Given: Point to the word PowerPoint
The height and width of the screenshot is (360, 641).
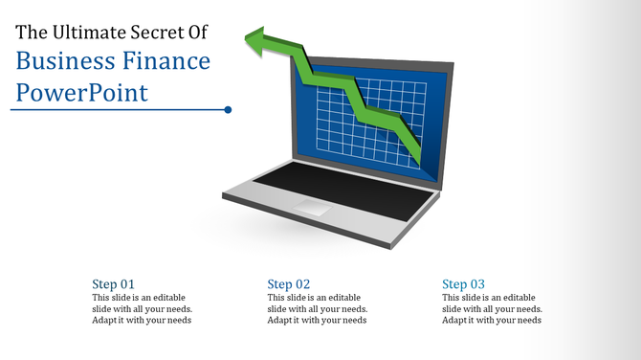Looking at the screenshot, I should point(81,93).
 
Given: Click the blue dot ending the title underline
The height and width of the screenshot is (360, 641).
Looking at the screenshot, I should point(228,110).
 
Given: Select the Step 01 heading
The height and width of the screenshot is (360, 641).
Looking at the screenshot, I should point(113,284).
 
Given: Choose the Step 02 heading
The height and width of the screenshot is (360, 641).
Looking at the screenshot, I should point(289,284).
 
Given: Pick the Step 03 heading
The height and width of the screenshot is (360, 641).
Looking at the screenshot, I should point(464,284).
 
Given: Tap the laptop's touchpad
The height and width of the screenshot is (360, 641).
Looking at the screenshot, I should point(313,207).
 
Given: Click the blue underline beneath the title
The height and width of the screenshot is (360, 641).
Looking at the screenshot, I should point(115,110).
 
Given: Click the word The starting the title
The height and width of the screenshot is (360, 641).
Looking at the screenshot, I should point(30,33).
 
